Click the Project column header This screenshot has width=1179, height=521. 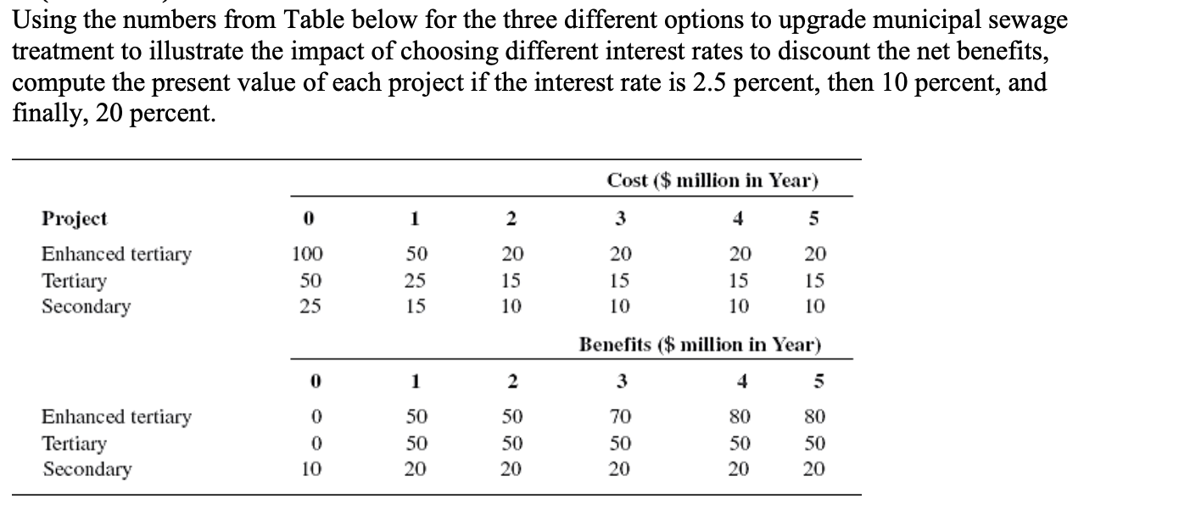point(75,218)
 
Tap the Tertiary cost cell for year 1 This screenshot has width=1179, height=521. point(416,280)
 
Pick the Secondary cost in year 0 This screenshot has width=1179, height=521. point(309,306)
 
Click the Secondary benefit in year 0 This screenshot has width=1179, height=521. point(309,469)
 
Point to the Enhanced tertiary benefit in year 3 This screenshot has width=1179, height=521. point(620,417)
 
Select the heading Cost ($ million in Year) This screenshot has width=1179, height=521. point(712,181)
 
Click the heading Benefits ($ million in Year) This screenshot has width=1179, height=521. point(701,345)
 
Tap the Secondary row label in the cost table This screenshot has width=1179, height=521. point(87,306)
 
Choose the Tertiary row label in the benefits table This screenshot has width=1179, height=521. point(75,443)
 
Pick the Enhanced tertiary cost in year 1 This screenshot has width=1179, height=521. point(416,254)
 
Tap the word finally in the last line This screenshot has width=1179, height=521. point(48,115)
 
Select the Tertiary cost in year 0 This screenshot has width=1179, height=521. point(309,280)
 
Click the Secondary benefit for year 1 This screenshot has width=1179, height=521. point(416,469)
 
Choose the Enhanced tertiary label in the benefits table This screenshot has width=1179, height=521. point(117,417)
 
